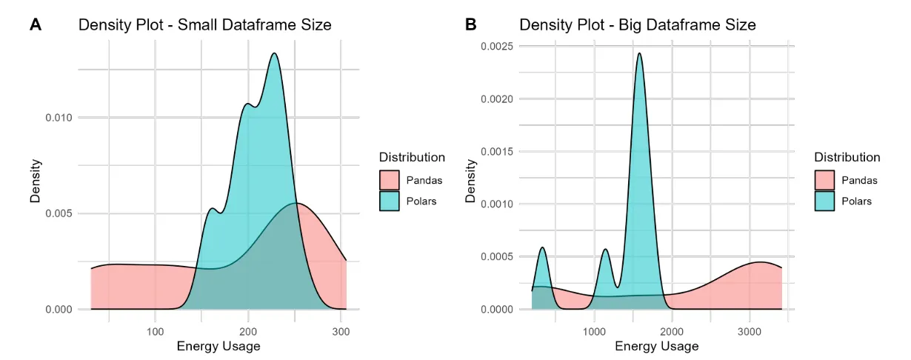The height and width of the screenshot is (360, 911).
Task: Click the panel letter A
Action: [x=36, y=24]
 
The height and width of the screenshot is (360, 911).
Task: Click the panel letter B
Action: [x=470, y=24]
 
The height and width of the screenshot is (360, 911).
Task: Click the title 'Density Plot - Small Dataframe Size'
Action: [x=205, y=25]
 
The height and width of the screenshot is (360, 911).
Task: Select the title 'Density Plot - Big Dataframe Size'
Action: [x=637, y=25]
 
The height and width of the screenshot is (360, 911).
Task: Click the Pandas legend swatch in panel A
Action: [x=390, y=180]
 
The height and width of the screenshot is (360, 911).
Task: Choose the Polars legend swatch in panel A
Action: [x=390, y=201]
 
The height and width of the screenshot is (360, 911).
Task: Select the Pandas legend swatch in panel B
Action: [x=825, y=180]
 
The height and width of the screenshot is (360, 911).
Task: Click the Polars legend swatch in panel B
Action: [x=825, y=201]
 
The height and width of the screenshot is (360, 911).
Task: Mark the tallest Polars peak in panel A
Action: [x=275, y=53]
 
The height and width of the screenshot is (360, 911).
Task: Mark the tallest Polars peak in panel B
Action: [x=639, y=53]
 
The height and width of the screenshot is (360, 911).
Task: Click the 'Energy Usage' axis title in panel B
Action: [x=656, y=346]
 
